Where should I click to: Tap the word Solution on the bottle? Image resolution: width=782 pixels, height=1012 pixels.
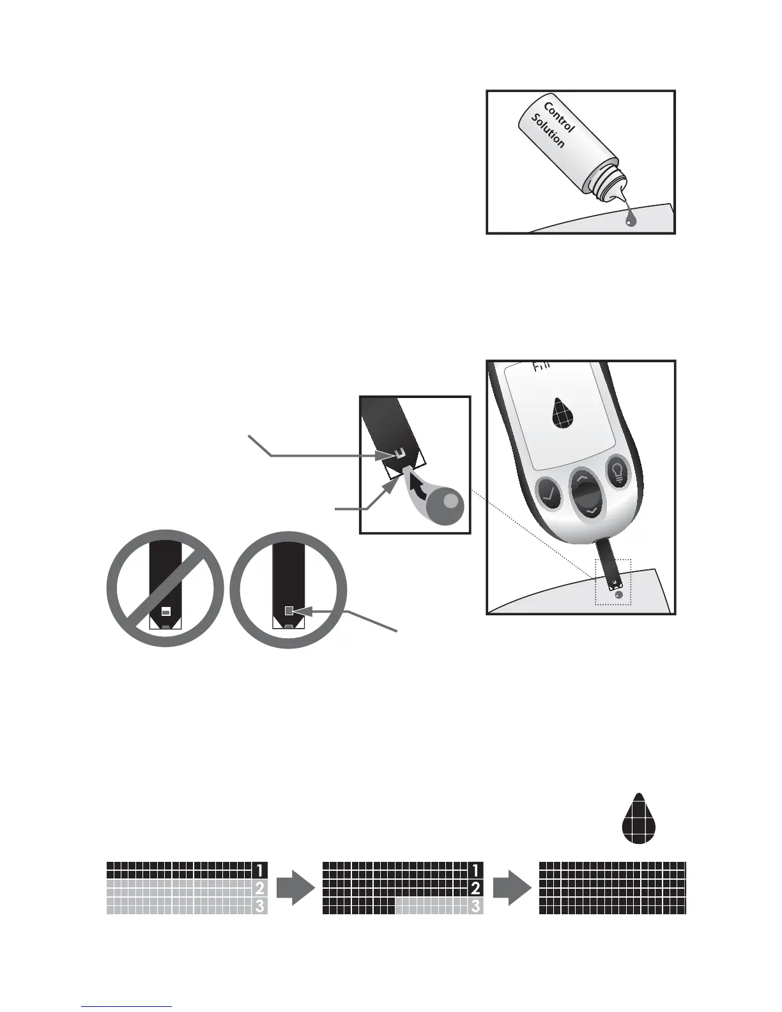[548, 132]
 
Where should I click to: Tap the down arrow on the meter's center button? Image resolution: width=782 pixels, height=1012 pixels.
[592, 510]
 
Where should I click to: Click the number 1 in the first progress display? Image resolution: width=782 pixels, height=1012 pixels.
[259, 870]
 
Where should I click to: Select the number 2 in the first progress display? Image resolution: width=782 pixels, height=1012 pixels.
[259, 887]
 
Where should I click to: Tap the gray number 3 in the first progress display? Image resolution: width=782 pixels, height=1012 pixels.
[259, 905]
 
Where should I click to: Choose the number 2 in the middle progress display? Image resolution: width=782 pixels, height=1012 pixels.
[475, 887]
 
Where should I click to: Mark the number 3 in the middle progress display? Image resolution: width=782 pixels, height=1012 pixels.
[475, 905]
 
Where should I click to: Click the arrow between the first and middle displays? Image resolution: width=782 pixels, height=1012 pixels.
[295, 887]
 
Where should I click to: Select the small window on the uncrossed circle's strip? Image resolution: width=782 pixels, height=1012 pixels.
[289, 611]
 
